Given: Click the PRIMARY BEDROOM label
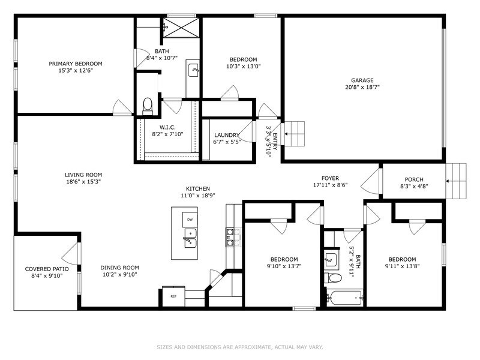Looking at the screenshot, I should coord(75,64).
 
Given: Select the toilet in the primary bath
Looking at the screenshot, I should coord(148,106).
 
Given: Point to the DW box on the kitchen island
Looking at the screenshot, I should coord(190,220).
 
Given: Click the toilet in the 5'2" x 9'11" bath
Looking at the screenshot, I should coord(334,278).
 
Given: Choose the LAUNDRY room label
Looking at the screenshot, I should coord(227,135).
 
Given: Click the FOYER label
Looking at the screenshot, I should coord(330,178).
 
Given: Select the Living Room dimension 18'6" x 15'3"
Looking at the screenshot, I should coord(83,181).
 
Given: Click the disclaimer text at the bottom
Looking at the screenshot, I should coord(240,347).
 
